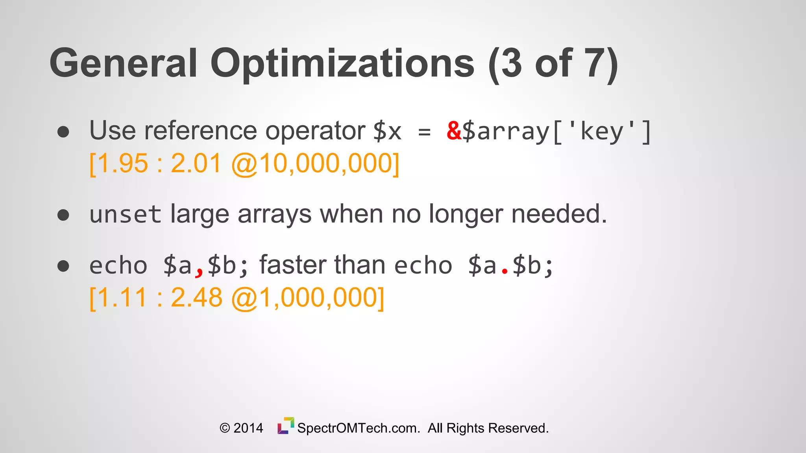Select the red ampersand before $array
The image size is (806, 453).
click(454, 131)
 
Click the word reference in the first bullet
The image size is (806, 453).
click(200, 131)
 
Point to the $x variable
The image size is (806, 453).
click(387, 131)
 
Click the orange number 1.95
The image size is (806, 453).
click(122, 164)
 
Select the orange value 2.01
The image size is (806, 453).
click(196, 164)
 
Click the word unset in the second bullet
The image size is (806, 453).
click(125, 215)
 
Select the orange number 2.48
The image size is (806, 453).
click(196, 298)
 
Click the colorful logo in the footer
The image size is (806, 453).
click(286, 426)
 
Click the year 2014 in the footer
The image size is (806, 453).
click(248, 428)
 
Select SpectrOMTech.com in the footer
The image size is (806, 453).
click(359, 428)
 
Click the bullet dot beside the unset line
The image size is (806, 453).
click(63, 215)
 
